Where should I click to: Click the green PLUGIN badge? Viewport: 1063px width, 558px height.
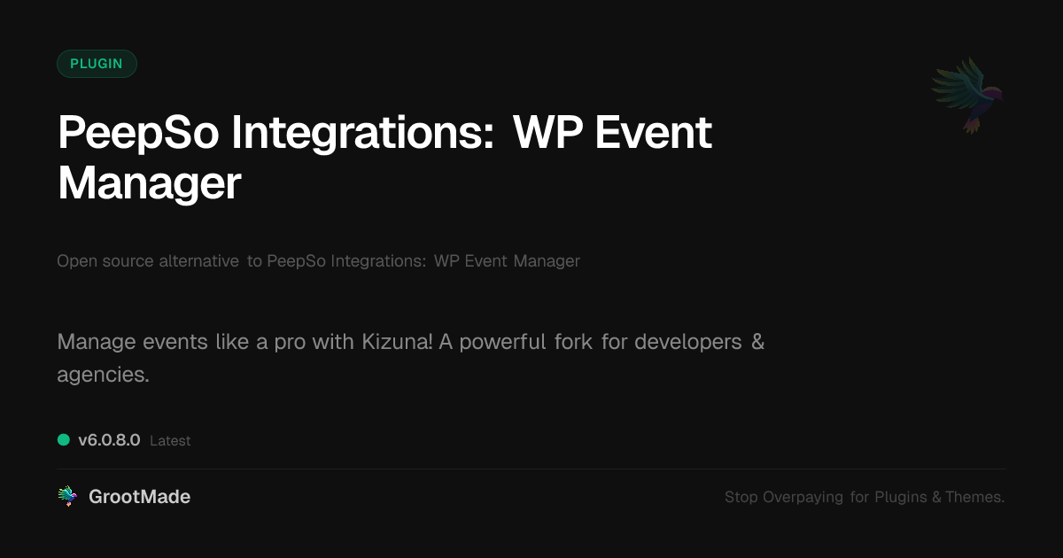(x=97, y=64)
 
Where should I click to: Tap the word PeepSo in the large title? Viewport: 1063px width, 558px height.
(x=138, y=134)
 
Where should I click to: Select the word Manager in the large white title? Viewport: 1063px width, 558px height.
(x=150, y=184)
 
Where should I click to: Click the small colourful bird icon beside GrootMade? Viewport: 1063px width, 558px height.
(x=67, y=496)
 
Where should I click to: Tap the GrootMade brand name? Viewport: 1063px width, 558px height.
(x=140, y=497)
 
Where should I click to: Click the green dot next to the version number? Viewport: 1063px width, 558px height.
(x=64, y=440)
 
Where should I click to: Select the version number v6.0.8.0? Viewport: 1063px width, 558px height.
(x=109, y=440)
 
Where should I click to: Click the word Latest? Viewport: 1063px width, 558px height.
(x=170, y=441)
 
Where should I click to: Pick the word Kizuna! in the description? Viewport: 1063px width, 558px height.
(x=397, y=342)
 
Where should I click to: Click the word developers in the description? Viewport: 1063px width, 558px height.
(x=688, y=342)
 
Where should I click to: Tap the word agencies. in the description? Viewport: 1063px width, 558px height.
(x=103, y=375)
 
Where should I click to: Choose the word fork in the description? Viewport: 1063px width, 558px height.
(x=573, y=342)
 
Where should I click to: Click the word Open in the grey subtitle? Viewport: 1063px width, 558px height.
(x=77, y=261)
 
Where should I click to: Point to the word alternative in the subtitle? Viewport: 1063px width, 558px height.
(x=198, y=261)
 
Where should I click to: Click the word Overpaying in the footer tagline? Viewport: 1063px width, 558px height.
(x=803, y=497)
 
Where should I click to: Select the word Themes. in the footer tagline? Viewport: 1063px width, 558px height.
(x=974, y=497)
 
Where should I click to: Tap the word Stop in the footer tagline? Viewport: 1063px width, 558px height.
(x=741, y=497)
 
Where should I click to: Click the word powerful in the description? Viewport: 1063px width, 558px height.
(x=502, y=342)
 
